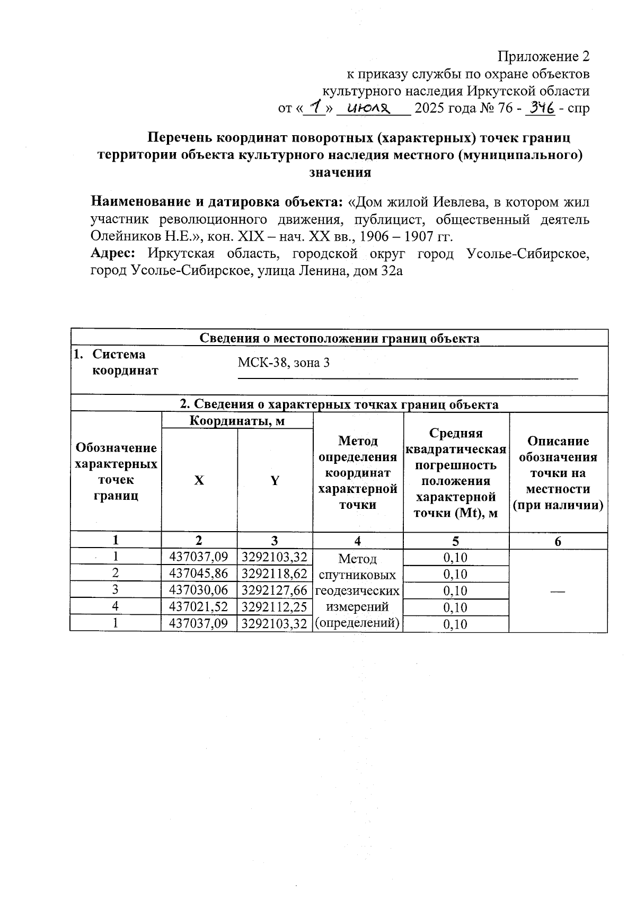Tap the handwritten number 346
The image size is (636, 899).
point(539,109)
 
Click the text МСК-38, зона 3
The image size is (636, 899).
point(284,363)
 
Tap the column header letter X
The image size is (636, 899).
point(199,480)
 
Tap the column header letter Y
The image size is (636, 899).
point(275,480)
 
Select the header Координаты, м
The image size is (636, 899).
point(237,421)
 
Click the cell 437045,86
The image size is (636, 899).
point(199,574)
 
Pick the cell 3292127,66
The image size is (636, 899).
point(275,590)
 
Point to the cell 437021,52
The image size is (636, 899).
point(199,606)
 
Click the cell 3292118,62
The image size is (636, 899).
point(275,574)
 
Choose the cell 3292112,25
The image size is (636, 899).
point(275,606)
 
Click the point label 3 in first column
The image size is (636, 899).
point(115,589)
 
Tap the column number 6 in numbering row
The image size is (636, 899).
point(558,541)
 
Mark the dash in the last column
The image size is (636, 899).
point(558,590)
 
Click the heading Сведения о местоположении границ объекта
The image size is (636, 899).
point(339,339)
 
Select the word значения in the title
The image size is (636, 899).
point(339,172)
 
